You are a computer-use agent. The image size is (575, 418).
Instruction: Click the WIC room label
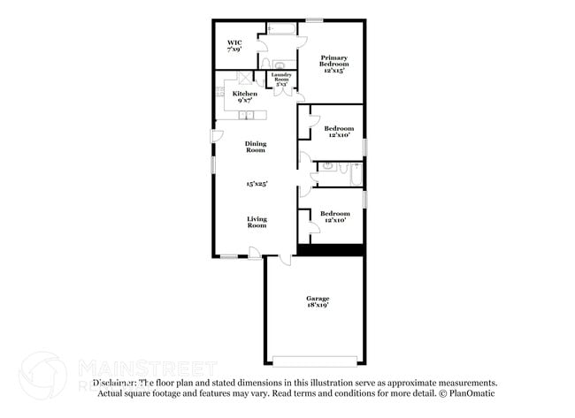coord(234,42)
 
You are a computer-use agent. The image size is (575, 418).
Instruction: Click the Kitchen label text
coord(245,94)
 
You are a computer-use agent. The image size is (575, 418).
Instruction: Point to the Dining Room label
coord(256,147)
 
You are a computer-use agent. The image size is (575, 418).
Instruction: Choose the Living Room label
coord(257,222)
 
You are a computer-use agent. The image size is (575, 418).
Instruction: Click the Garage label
coord(318,299)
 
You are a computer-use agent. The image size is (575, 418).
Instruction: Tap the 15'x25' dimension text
coord(257,184)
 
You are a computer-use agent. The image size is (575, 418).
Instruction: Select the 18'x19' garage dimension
coord(318,307)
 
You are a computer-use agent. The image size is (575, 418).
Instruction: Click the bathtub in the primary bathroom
coord(281,29)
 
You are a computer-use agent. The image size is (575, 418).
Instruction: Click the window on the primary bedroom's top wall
coord(314,19)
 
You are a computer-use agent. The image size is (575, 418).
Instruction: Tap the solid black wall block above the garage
coord(330,250)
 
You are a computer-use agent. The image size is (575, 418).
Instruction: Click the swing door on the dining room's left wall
coord(215,135)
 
